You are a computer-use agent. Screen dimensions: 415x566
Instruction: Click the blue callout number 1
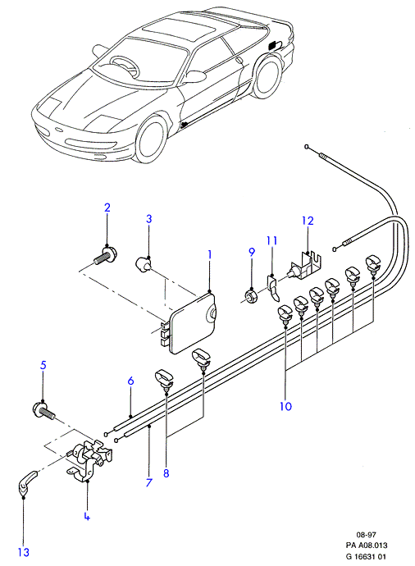coord(209,255)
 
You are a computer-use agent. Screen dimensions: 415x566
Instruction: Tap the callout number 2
coord(107,208)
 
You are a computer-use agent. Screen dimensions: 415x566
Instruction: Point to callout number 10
coord(285,406)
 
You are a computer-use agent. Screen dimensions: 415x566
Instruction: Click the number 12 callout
coord(308,221)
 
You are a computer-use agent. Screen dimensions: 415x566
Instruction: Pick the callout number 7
coord(149,482)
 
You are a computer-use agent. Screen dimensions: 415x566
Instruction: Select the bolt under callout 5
coord(43,412)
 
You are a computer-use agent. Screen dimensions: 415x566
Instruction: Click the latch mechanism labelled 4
coord(90,460)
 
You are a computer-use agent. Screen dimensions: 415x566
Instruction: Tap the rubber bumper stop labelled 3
coord(143,264)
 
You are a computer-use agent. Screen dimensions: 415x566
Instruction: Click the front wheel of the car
coord(152,139)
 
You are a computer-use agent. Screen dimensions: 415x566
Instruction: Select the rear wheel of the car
coord(267,77)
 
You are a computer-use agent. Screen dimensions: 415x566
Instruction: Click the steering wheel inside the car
coord(125,66)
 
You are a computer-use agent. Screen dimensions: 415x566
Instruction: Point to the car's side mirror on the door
coord(195,76)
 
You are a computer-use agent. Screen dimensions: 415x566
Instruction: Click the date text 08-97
coord(366,535)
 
